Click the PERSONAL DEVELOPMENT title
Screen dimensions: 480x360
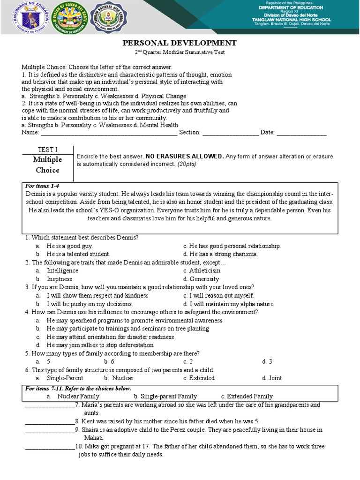[180, 43]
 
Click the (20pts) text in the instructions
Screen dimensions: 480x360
[186, 165]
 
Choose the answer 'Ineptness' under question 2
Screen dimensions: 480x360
[60, 279]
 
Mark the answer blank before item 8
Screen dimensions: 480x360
[49, 421]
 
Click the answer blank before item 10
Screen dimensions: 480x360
[49, 447]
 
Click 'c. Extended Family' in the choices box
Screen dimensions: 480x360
[247, 396]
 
